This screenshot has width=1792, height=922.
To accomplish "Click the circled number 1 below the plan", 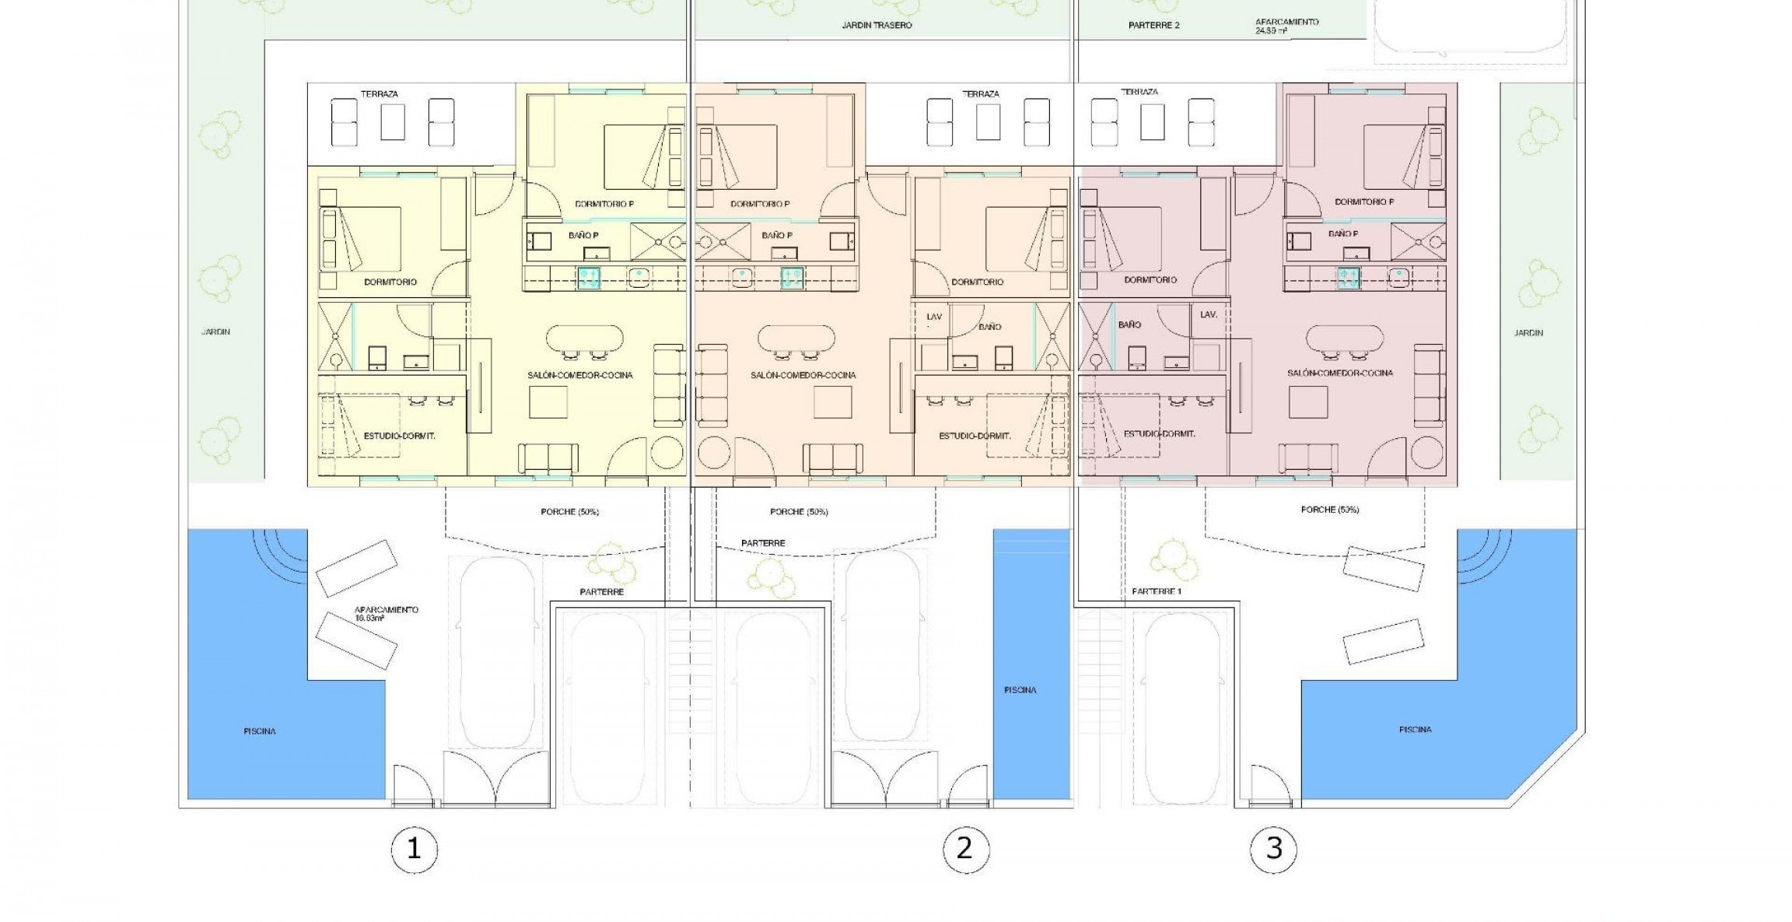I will coord(414,849).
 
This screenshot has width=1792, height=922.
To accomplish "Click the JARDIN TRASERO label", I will coord(877,26).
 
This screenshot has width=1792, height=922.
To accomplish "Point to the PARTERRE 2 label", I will coord(1153,26).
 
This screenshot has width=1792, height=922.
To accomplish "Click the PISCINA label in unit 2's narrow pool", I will coord(1020,690).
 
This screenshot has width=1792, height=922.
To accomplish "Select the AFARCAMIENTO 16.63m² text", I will coord(387,614).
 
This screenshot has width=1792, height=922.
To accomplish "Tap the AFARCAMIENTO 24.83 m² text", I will coord(1286,26).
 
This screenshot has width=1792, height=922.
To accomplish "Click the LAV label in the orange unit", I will coord(934,317).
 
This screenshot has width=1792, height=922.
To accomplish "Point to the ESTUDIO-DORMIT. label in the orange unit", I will coord(975,436).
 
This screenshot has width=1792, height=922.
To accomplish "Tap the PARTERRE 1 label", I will coord(1157,592).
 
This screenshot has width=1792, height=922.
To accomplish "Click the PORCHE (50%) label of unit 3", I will coord(1329,510).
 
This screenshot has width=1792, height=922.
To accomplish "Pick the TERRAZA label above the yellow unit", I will coord(380,94).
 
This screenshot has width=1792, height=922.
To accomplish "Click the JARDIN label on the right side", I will coord(1528,333).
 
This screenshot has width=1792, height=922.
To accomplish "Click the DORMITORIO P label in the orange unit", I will coord(760,205).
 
